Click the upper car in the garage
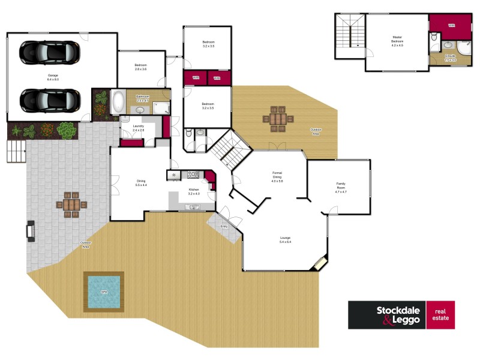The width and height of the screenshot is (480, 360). click(49, 52)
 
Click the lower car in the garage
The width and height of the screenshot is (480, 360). click(49, 100)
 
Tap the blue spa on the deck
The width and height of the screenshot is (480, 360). click(103, 292)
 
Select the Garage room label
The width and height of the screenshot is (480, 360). click(53, 77)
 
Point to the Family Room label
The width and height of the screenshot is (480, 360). click(340, 186)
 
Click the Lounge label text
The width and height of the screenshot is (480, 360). click(285, 239)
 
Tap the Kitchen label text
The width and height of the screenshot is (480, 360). click(193, 191)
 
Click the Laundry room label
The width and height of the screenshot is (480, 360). click(139, 127)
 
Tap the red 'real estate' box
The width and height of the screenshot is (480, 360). click(440, 315)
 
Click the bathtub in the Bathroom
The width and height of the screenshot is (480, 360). click(118, 103)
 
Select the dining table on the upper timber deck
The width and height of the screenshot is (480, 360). click(278, 118)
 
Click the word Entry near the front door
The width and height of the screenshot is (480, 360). click(224, 226)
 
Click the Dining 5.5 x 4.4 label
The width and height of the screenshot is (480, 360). click(141, 183)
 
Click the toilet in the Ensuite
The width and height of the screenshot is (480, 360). click(434, 40)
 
